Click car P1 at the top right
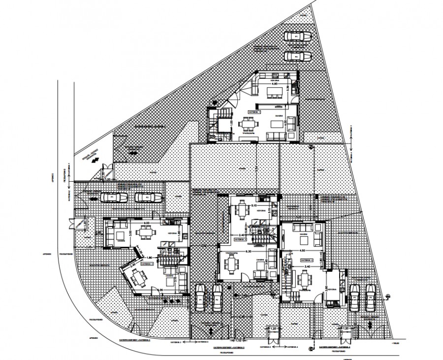(x=297, y=36)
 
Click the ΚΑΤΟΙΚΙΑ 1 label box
(x=255, y=113)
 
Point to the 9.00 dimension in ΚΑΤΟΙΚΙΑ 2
(x=146, y=223)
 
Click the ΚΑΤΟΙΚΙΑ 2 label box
(x=148, y=264)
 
